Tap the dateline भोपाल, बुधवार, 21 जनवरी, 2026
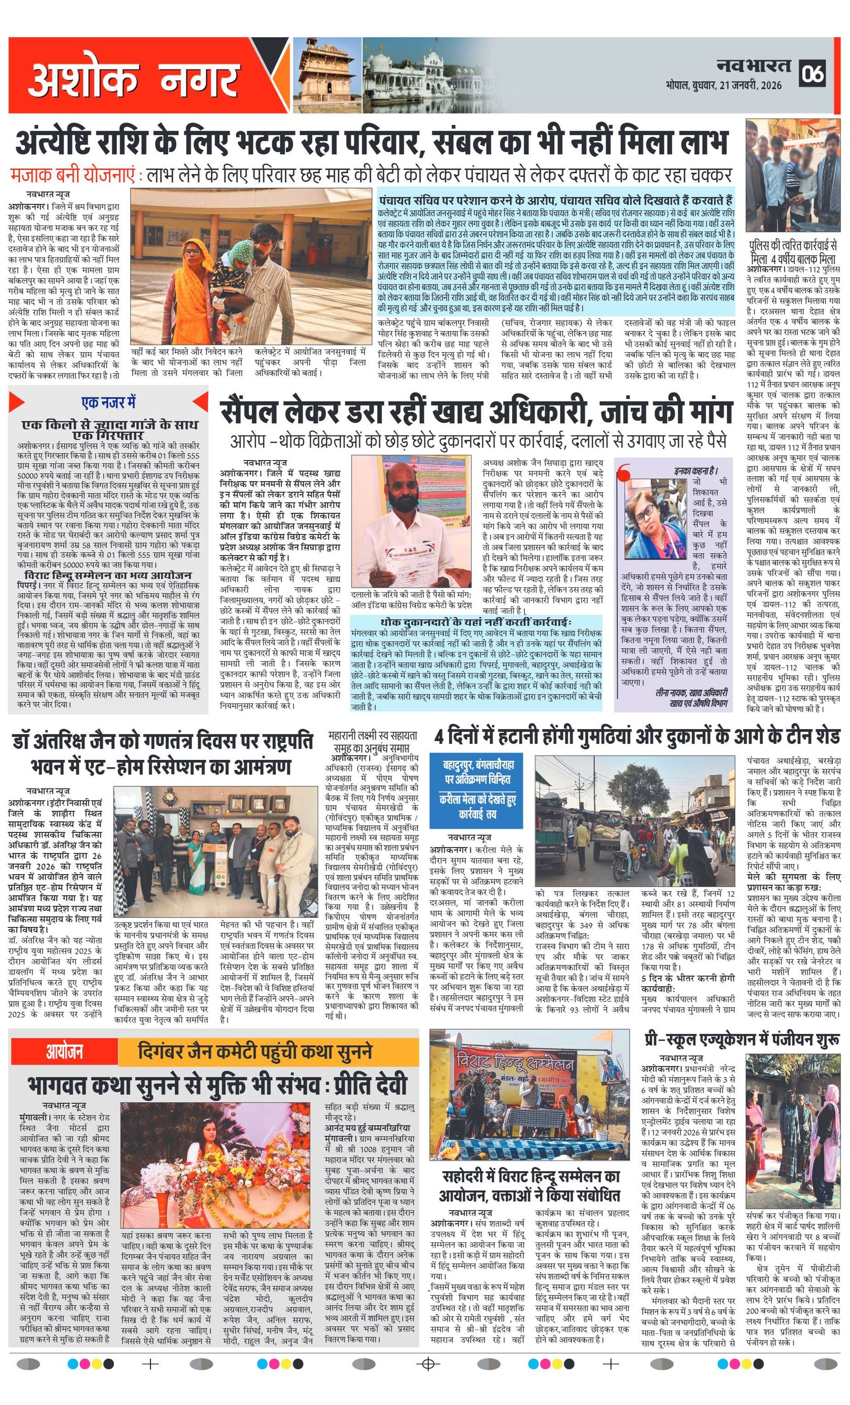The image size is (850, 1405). [724, 86]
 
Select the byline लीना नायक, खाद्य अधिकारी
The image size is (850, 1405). [692, 693]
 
